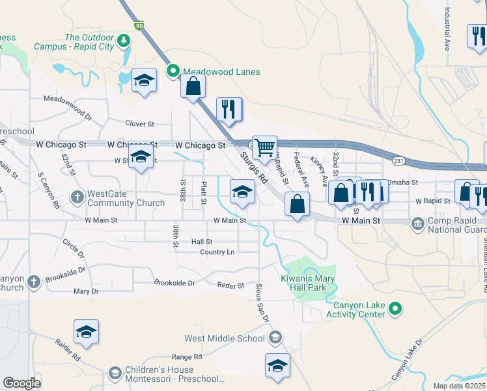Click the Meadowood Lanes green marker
point(173,72)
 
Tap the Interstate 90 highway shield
point(139,25)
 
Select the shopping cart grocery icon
point(264,149)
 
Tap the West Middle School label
point(224,338)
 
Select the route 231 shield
point(399,160)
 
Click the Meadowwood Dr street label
point(68,105)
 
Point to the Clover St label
point(139,123)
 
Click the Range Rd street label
point(187,356)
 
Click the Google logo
point(21,383)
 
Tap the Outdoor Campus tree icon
point(124,42)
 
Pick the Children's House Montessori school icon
point(115,373)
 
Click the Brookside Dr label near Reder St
point(174,283)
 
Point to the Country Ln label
point(217,252)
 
